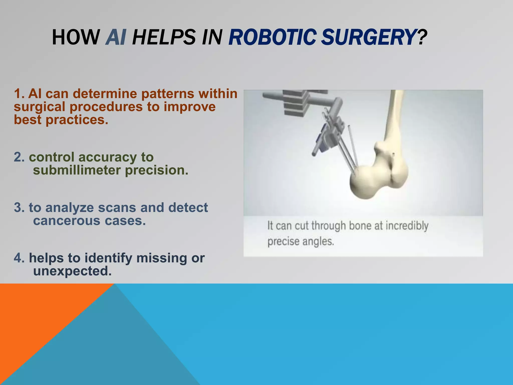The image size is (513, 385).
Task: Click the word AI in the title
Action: click(x=116, y=37)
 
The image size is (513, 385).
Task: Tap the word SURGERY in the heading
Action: click(x=368, y=37)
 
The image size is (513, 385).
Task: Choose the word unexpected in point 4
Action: click(x=72, y=271)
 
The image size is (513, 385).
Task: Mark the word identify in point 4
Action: click(x=108, y=258)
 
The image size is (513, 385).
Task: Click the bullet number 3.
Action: click(x=19, y=208)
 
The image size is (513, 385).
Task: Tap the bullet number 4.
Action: click(x=19, y=258)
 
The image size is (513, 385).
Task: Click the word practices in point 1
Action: click(x=77, y=120)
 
